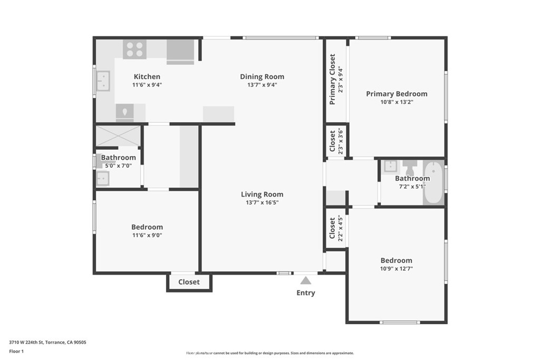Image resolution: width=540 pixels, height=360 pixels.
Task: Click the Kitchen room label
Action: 147,76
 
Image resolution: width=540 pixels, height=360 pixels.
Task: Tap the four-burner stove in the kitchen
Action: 134,50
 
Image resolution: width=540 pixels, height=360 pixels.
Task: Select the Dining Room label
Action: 262,76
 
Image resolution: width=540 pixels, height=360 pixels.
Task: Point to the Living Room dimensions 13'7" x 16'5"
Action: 262,202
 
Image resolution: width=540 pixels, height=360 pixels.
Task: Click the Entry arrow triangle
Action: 306,281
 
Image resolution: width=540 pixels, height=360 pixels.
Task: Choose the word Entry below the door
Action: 306,293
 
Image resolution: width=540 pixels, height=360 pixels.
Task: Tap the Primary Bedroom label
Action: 397,94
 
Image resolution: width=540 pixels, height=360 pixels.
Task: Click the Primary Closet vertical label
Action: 333,79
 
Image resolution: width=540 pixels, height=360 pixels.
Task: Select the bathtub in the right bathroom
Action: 434,183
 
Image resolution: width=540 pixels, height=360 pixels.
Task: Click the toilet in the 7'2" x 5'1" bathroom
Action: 410,168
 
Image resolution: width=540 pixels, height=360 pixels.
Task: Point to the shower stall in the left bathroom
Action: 118,135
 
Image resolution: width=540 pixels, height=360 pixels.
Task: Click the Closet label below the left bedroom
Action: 189,282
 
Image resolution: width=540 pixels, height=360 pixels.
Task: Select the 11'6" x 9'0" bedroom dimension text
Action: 147,236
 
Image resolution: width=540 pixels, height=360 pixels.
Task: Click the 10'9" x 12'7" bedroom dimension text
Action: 397,268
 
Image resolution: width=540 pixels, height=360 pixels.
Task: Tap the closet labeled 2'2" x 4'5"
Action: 336,228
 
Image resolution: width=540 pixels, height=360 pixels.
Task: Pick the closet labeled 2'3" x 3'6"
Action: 336,141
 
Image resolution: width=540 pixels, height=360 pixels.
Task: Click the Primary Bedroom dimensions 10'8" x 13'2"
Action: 397,102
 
